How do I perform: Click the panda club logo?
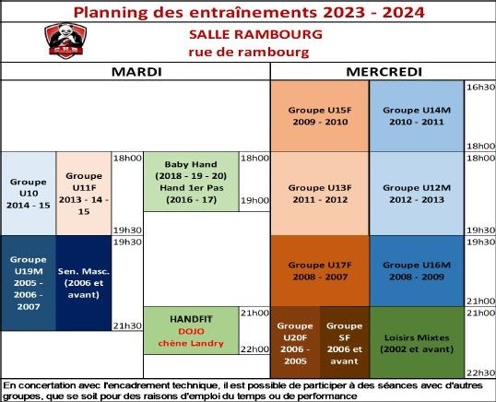[65, 41]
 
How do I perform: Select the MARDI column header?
[136, 72]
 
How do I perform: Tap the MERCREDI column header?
[384, 72]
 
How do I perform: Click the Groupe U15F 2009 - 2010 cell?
[320, 116]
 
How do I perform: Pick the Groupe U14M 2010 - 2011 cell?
[417, 116]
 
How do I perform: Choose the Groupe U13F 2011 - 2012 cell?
[320, 194]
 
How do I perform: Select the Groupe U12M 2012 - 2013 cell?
[417, 194]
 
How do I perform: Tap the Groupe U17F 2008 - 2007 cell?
[320, 271]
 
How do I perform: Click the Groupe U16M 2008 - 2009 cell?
[417, 271]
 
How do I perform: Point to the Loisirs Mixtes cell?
[417, 342]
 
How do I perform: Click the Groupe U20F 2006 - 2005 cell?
[295, 342]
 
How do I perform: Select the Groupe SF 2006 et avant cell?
[345, 342]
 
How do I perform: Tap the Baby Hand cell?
[191, 182]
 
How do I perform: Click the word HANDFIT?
[191, 319]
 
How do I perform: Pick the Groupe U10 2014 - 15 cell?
[29, 194]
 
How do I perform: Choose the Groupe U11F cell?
[84, 194]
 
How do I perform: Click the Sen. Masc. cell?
[84, 283]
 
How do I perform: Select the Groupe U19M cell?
[29, 283]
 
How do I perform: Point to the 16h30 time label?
[480, 87]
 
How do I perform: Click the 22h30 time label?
[480, 372]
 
